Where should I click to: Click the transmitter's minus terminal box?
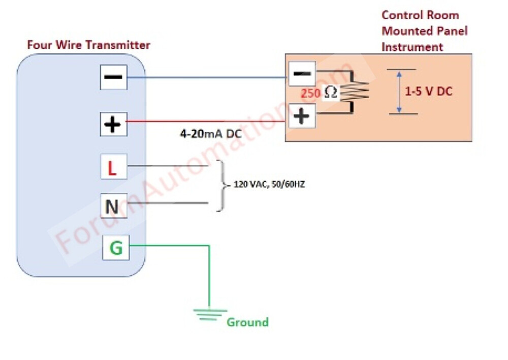pyautogui.click(x=113, y=77)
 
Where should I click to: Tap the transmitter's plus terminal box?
pyautogui.click(x=113, y=124)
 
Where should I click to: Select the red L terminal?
pyautogui.click(x=113, y=168)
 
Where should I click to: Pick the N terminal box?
pyautogui.click(x=113, y=206)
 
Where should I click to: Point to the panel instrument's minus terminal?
pyautogui.click(x=302, y=74)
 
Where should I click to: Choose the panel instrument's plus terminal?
pyautogui.click(x=302, y=116)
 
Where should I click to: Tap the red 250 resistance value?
pyautogui.click(x=310, y=94)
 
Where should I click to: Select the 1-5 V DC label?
pyautogui.click(x=428, y=92)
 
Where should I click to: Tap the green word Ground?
pyautogui.click(x=247, y=322)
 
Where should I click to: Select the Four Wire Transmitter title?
pyautogui.click(x=88, y=45)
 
